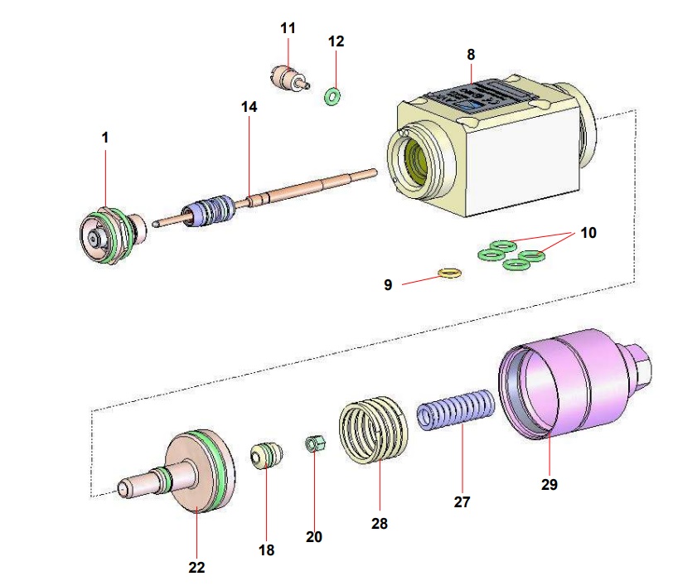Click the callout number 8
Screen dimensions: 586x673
click(471, 55)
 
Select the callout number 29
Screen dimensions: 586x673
click(550, 485)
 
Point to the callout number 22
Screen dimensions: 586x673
click(196, 567)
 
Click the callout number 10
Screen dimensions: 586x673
click(587, 233)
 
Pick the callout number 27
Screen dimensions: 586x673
click(461, 501)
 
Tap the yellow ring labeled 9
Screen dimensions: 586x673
click(448, 274)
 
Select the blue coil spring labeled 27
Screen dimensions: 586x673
click(456, 411)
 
